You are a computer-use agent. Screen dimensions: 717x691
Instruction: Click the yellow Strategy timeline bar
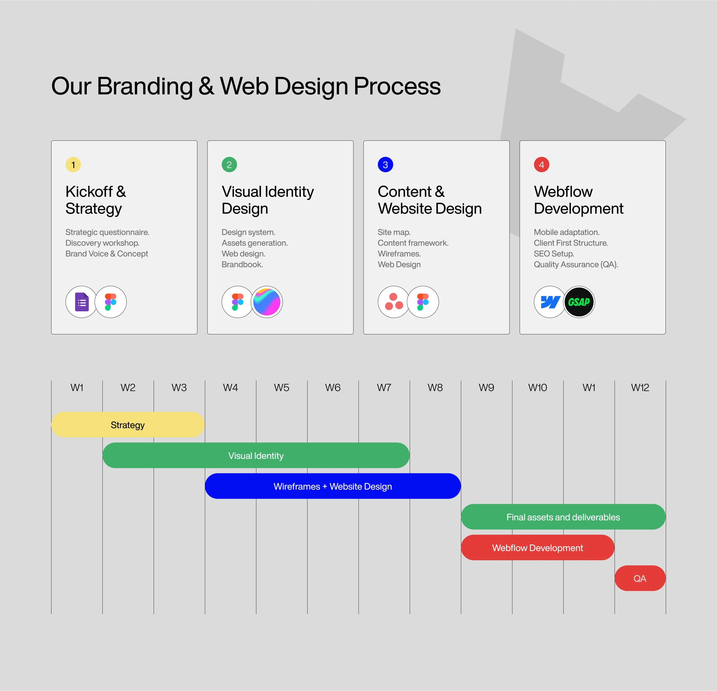click(x=128, y=425)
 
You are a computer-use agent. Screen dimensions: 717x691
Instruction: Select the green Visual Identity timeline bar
click(x=256, y=455)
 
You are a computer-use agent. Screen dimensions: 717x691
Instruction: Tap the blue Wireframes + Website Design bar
click(x=333, y=486)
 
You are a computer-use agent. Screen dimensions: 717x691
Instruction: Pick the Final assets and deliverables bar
click(x=563, y=517)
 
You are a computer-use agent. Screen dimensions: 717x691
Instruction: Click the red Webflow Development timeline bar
click(x=538, y=548)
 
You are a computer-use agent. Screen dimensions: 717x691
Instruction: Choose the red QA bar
click(x=640, y=578)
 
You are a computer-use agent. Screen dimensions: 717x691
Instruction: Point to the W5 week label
click(x=282, y=387)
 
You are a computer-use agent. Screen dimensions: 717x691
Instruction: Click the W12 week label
click(x=640, y=387)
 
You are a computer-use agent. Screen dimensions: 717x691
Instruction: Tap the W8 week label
click(x=435, y=387)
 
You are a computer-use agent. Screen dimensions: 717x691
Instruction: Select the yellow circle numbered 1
click(x=73, y=165)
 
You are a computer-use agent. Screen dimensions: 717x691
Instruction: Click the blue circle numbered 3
click(x=386, y=165)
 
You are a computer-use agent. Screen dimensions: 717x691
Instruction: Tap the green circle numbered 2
click(x=229, y=165)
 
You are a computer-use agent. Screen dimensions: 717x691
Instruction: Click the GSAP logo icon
click(x=579, y=302)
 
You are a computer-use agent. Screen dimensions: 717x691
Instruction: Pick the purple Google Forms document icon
click(x=82, y=302)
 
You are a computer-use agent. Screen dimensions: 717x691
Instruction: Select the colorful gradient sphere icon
click(x=267, y=302)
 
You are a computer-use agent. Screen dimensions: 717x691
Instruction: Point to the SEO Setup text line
click(x=554, y=253)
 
